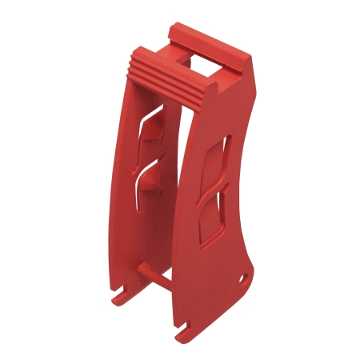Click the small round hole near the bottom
click(245, 278)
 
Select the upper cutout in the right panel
click(216, 164)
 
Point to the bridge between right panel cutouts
click(214, 194)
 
